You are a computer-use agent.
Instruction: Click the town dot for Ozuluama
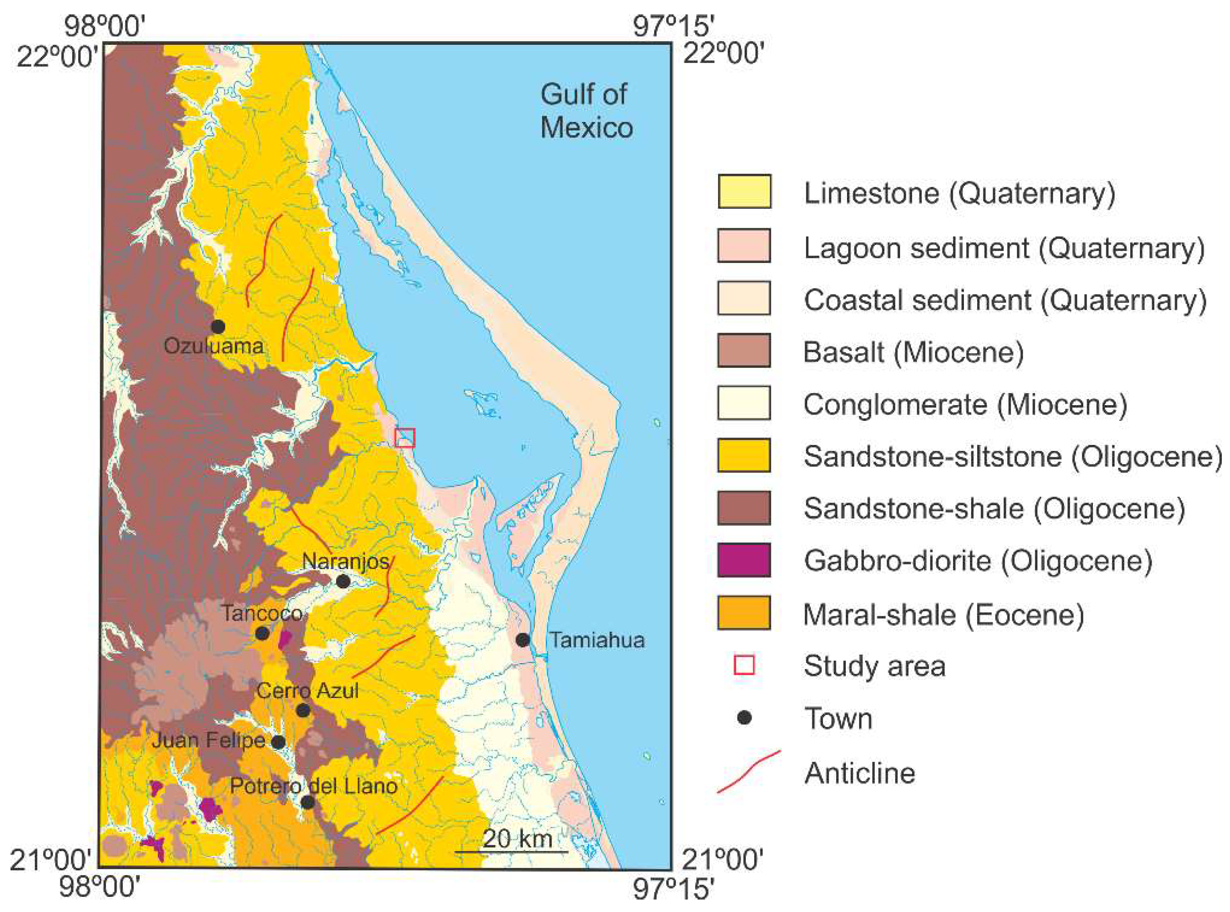point(218,326)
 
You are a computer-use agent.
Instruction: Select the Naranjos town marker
point(343,581)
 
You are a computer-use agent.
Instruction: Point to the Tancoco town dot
point(262,633)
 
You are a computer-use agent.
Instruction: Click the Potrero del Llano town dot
point(307,802)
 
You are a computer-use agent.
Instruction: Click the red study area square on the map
point(405,437)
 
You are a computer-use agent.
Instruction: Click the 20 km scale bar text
point(517,839)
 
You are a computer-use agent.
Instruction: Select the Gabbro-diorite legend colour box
point(744,560)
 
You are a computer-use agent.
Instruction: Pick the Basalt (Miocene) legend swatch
point(744,351)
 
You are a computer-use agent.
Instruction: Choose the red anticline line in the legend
point(748,771)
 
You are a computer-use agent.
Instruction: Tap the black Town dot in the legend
point(745,718)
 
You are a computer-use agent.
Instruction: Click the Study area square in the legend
point(744,665)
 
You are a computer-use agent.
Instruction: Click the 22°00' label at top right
point(723,55)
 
